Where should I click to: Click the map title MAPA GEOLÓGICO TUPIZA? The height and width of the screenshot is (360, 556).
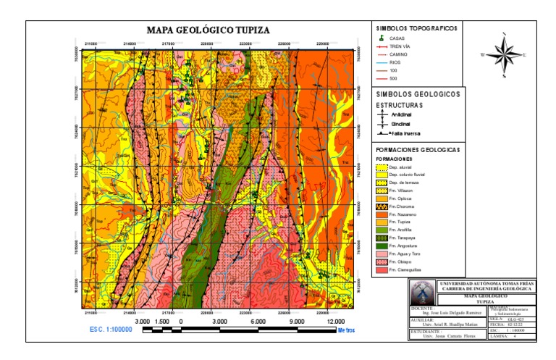208,30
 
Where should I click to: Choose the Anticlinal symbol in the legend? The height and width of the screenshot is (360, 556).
382,114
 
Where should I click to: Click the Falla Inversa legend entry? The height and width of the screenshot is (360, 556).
382,134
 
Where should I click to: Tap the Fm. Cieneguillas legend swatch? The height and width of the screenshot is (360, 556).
381,270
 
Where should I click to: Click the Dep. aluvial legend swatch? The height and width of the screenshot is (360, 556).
381,167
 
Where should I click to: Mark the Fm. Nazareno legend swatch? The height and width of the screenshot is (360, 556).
381,215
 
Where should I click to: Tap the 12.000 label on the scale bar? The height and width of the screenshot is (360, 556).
335,320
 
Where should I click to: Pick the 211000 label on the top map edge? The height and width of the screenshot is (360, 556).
90,42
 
